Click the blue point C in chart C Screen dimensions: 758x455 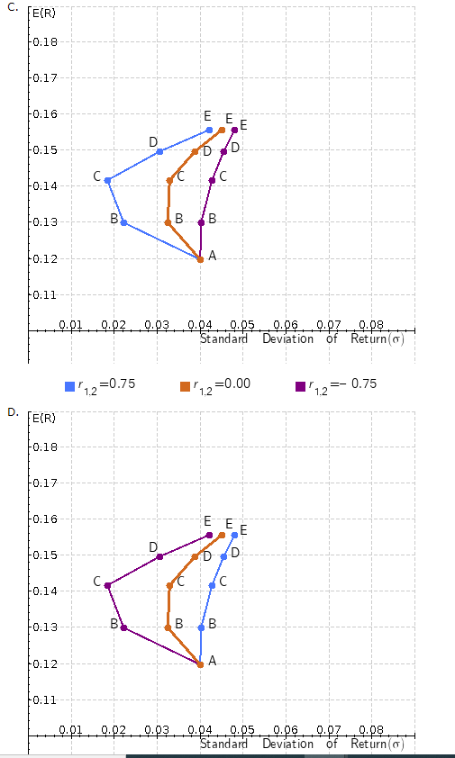[107, 181]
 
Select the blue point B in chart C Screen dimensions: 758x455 [123, 222]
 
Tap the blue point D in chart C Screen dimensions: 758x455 [159, 151]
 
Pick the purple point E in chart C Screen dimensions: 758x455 [234, 130]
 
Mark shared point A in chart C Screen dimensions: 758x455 [200, 259]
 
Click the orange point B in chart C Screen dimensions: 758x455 [168, 222]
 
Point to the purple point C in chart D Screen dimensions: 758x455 [107, 586]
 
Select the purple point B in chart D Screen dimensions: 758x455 [123, 627]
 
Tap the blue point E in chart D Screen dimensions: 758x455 [234, 535]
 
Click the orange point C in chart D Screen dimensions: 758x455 [169, 585]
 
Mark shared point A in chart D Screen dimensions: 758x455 [200, 664]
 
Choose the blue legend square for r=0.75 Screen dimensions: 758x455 [70, 386]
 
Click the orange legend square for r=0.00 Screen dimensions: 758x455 [186, 386]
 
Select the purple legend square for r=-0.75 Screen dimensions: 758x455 [300, 386]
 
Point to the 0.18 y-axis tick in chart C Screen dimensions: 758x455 [45, 42]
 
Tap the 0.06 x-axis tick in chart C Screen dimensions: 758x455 [285, 323]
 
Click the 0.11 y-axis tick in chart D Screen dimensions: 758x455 [45, 699]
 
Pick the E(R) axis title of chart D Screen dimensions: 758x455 [43, 419]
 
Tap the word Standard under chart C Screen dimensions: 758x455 [223, 339]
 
